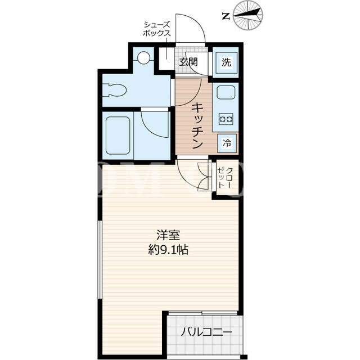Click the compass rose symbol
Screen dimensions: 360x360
[x=248, y=15]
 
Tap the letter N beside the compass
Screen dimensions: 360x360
[x=226, y=16]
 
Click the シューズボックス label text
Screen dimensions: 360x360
[x=157, y=29]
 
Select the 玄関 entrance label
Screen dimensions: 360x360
[x=188, y=62]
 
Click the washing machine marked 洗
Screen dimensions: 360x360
[x=226, y=62]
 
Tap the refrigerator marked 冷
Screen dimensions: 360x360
[x=227, y=143]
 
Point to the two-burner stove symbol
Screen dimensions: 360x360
[x=226, y=119]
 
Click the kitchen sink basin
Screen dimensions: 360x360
[x=226, y=93]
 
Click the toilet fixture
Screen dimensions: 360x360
[x=115, y=90]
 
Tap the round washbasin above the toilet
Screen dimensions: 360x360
[x=143, y=57]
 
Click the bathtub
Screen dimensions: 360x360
[x=118, y=136]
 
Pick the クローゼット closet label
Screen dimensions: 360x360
[x=225, y=178]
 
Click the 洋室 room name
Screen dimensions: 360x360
[x=168, y=235]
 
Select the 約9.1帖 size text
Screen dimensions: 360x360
[x=168, y=249]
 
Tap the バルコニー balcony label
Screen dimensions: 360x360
[x=206, y=332]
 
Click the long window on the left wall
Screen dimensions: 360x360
[x=100, y=259]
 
